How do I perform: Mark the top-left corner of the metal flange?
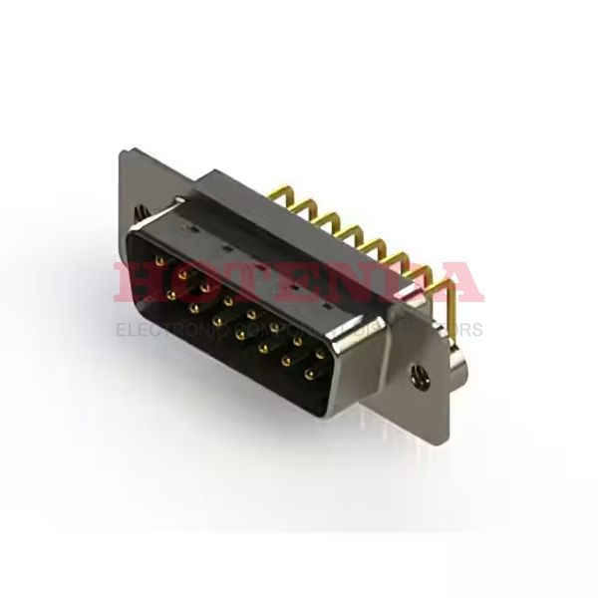[x=121, y=152]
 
